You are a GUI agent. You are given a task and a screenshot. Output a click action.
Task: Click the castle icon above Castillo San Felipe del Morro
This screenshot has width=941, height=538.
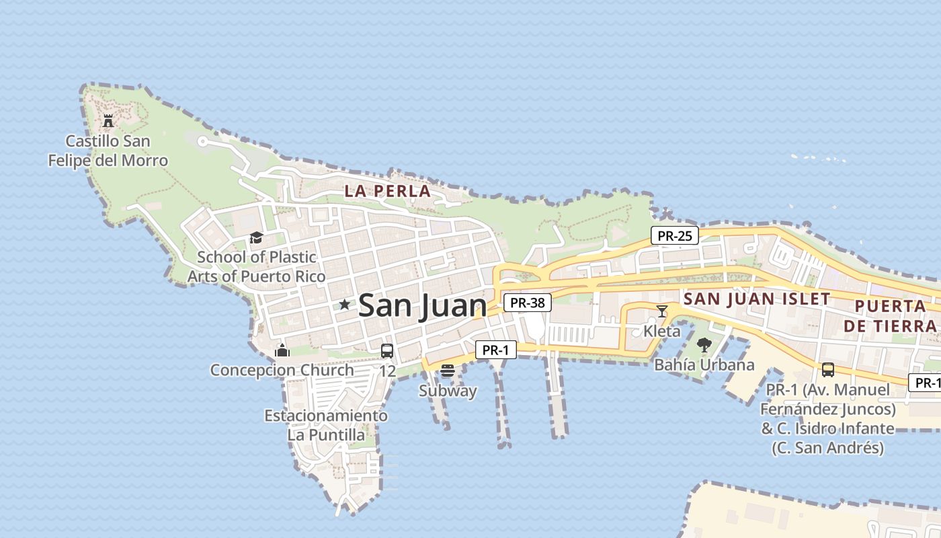pyautogui.click(x=108, y=121)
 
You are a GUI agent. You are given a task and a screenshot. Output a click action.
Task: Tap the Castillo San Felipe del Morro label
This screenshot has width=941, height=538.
pyautogui.click(x=108, y=151)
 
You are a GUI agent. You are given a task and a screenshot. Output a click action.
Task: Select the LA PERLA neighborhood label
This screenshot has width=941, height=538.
pyautogui.click(x=387, y=191)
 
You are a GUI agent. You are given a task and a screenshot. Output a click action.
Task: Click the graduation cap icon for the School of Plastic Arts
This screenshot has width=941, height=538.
pyautogui.click(x=255, y=237)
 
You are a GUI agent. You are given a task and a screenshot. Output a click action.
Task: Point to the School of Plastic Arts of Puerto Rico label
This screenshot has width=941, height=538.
pyautogui.click(x=256, y=266)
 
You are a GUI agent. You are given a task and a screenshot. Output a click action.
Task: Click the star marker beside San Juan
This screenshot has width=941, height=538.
pyautogui.click(x=345, y=305)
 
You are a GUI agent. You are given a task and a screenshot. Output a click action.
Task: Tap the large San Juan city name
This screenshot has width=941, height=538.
pyautogui.click(x=422, y=306)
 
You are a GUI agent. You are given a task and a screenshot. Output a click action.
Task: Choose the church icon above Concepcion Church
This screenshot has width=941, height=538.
pyautogui.click(x=282, y=350)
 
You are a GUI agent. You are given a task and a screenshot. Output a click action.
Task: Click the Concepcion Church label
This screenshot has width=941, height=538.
pyautogui.click(x=282, y=370)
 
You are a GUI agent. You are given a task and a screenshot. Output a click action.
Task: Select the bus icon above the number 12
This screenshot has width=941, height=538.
pyautogui.click(x=387, y=350)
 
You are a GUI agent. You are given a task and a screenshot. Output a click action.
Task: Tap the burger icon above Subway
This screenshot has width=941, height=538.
pyautogui.click(x=448, y=370)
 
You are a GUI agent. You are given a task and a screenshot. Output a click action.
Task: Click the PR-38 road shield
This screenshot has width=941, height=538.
pyautogui.click(x=527, y=303)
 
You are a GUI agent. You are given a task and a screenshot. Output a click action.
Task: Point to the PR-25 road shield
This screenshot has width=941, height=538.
pyautogui.click(x=675, y=235)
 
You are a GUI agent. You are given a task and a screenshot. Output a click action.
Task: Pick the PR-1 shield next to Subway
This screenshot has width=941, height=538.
pyautogui.click(x=496, y=350)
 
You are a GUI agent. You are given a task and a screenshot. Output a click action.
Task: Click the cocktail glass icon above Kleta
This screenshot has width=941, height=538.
pyautogui.click(x=662, y=311)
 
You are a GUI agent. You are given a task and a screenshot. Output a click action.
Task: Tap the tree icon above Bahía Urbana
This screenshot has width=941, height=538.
pyautogui.click(x=704, y=345)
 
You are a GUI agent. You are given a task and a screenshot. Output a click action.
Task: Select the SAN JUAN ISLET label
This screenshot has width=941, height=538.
pyautogui.click(x=757, y=299)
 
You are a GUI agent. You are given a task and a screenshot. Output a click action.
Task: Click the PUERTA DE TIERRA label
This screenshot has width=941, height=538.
pyautogui.click(x=895, y=316)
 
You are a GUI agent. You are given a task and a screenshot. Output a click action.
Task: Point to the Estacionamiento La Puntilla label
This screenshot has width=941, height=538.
pyautogui.click(x=326, y=425)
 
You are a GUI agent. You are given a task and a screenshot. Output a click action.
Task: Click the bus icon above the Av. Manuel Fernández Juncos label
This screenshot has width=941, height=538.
pyautogui.click(x=828, y=369)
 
